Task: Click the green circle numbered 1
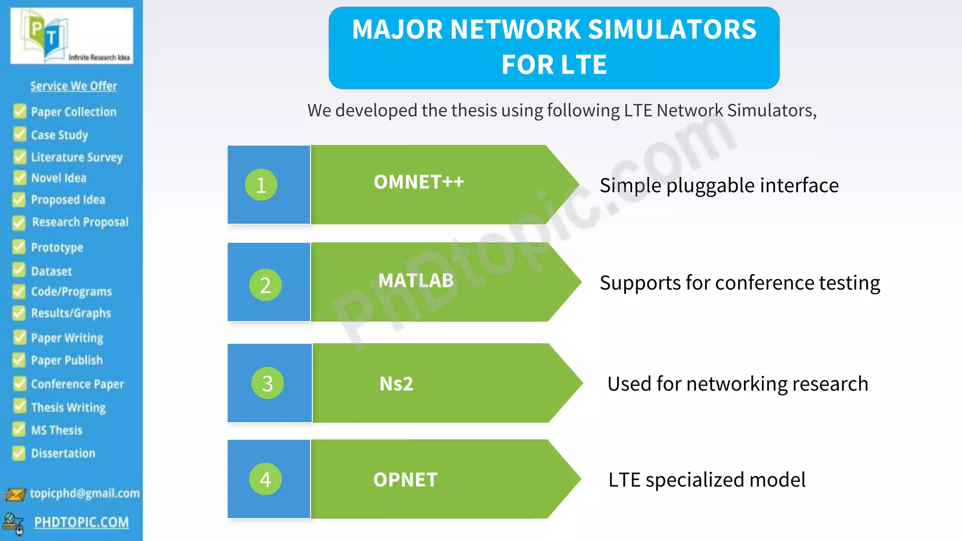[261, 185]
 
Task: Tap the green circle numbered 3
[267, 383]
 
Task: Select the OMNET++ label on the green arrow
[419, 182]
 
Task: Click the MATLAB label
[416, 281]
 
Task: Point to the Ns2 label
[396, 384]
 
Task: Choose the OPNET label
[405, 480]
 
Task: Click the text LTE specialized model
[706, 480]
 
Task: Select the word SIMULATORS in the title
[672, 30]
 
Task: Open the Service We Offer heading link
[74, 86]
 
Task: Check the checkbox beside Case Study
[20, 134]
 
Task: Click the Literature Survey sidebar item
[77, 157]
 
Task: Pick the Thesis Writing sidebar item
[68, 407]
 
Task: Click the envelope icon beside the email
[15, 495]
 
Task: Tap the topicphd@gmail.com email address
[85, 493]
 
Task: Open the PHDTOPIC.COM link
[81, 522]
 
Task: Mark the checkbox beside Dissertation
[19, 453]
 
